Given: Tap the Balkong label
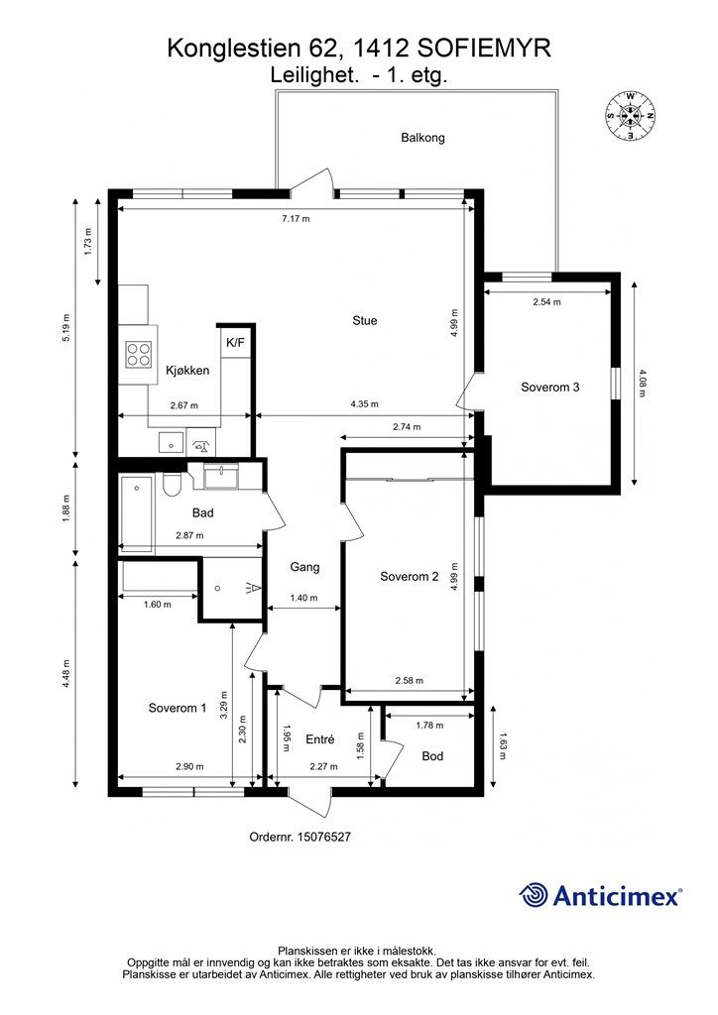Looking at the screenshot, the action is pyautogui.click(x=422, y=137).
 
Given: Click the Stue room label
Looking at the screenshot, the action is pyautogui.click(x=365, y=320).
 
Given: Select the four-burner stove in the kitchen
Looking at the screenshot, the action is pyautogui.click(x=139, y=354).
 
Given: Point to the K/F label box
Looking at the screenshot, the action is pyautogui.click(x=236, y=342).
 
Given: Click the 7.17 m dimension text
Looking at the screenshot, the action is pyautogui.click(x=296, y=219).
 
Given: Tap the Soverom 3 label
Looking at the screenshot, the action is pyautogui.click(x=550, y=388).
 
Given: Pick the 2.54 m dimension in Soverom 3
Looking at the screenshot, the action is pyautogui.click(x=547, y=301).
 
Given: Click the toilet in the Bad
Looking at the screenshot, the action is pyautogui.click(x=173, y=485).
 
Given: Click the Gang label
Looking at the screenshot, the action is pyautogui.click(x=304, y=567).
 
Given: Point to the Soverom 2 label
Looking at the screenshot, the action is pyautogui.click(x=410, y=577).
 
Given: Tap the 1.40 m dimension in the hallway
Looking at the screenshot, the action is pyautogui.click(x=303, y=598).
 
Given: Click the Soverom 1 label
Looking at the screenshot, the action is pyautogui.click(x=178, y=708).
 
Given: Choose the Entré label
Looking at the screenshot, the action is pyautogui.click(x=320, y=739).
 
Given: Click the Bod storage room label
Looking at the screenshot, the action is pyautogui.click(x=432, y=756).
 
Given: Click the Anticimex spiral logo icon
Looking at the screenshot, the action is pyautogui.click(x=534, y=895).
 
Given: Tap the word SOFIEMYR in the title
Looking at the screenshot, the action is pyautogui.click(x=485, y=49).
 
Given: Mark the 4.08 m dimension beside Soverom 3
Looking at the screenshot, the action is pyautogui.click(x=642, y=383).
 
